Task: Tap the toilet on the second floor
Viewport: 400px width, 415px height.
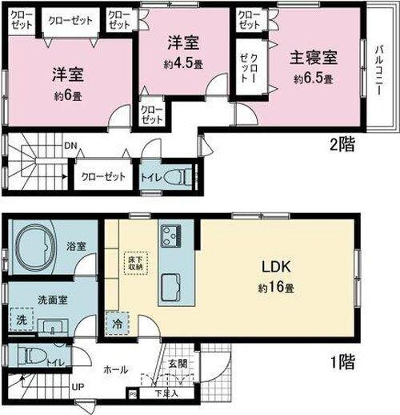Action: point(181,176)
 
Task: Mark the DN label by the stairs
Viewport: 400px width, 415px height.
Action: point(70,147)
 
